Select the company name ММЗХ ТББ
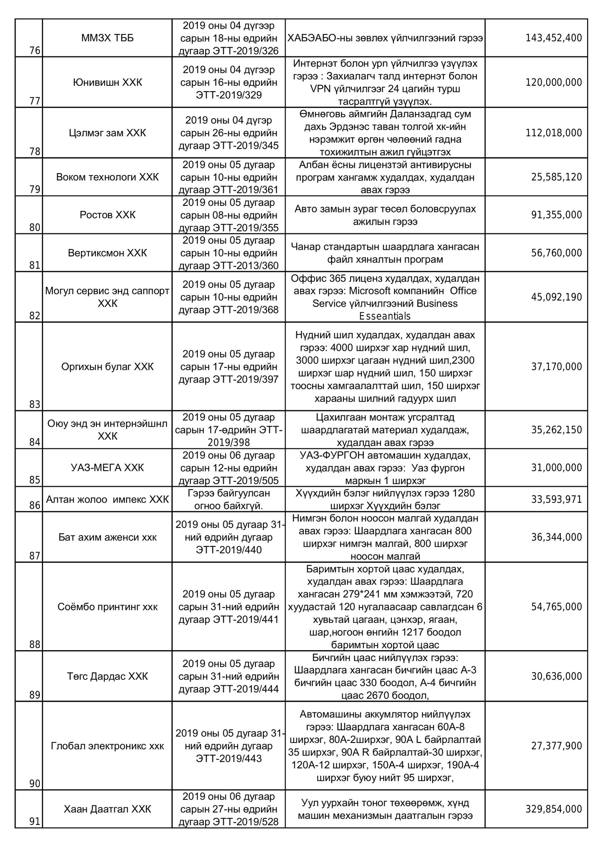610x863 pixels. (108, 38)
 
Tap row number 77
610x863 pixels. (35, 101)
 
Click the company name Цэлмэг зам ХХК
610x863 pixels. (108, 133)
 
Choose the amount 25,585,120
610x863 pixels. (557, 177)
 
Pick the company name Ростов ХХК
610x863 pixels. (108, 215)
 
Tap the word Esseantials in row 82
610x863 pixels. (385, 316)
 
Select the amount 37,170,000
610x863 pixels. (557, 367)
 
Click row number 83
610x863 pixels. (35, 404)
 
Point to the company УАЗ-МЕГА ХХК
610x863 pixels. (108, 468)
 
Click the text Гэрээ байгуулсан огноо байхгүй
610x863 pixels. (229, 500)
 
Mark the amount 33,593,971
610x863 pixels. (557, 499)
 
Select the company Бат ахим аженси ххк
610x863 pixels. (108, 537)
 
